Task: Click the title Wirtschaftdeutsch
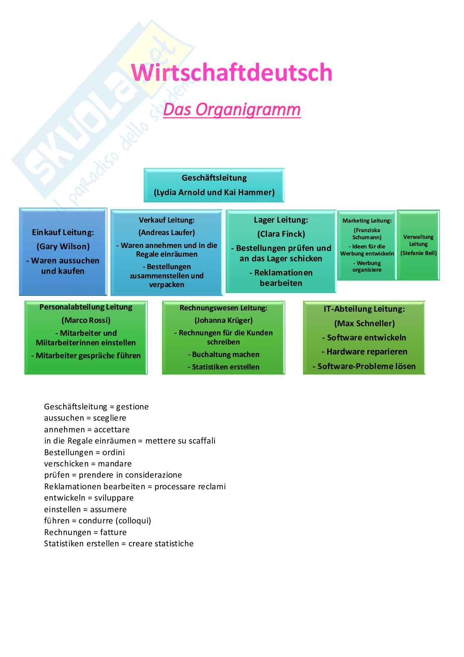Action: point(232,73)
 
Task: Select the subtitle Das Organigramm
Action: point(232,109)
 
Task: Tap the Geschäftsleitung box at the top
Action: point(214,185)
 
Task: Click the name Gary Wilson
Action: point(63,246)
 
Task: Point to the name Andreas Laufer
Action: point(166,233)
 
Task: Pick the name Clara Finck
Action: point(281,234)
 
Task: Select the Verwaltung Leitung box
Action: point(418,245)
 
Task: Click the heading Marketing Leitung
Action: point(367,221)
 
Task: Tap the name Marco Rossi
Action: point(86,320)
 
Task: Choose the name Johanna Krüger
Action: point(223,320)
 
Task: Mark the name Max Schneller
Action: point(364,323)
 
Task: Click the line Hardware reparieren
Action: point(364,352)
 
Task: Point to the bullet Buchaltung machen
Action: point(223,355)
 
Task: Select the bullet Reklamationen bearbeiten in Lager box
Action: point(281,278)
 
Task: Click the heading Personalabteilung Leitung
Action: point(86,307)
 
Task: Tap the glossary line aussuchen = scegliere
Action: point(85,418)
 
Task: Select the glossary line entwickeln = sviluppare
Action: point(89,498)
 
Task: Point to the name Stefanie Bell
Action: point(418,253)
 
